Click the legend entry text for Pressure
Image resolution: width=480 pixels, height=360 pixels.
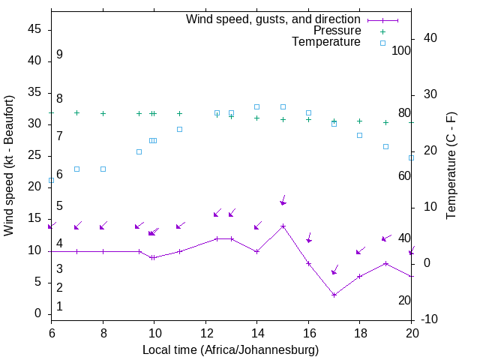tap(337, 31)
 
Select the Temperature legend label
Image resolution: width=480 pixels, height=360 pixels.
tap(326, 42)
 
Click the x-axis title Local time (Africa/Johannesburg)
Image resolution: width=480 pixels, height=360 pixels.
tap(231, 350)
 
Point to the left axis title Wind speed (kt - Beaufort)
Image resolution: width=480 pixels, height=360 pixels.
tap(9, 165)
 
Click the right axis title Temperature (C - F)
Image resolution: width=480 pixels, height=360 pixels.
tap(451, 165)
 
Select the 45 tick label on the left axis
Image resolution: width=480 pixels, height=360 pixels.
tap(35, 29)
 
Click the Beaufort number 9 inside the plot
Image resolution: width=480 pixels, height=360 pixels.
tap(59, 55)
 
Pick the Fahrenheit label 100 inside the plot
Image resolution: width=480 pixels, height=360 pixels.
tap(401, 51)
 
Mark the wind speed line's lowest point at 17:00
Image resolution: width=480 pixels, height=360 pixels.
tap(334, 295)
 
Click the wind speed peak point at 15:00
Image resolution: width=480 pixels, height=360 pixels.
tap(283, 226)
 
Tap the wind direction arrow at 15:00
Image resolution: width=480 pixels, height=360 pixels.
tap(283, 200)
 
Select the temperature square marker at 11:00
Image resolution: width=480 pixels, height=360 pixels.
tap(179, 129)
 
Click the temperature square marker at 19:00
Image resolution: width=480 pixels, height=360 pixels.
tap(385, 146)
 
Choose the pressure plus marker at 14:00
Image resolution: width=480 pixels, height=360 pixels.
tap(256, 118)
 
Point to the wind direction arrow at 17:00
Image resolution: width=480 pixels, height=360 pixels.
tap(334, 270)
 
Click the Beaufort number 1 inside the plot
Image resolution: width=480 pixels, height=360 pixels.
tap(59, 306)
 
